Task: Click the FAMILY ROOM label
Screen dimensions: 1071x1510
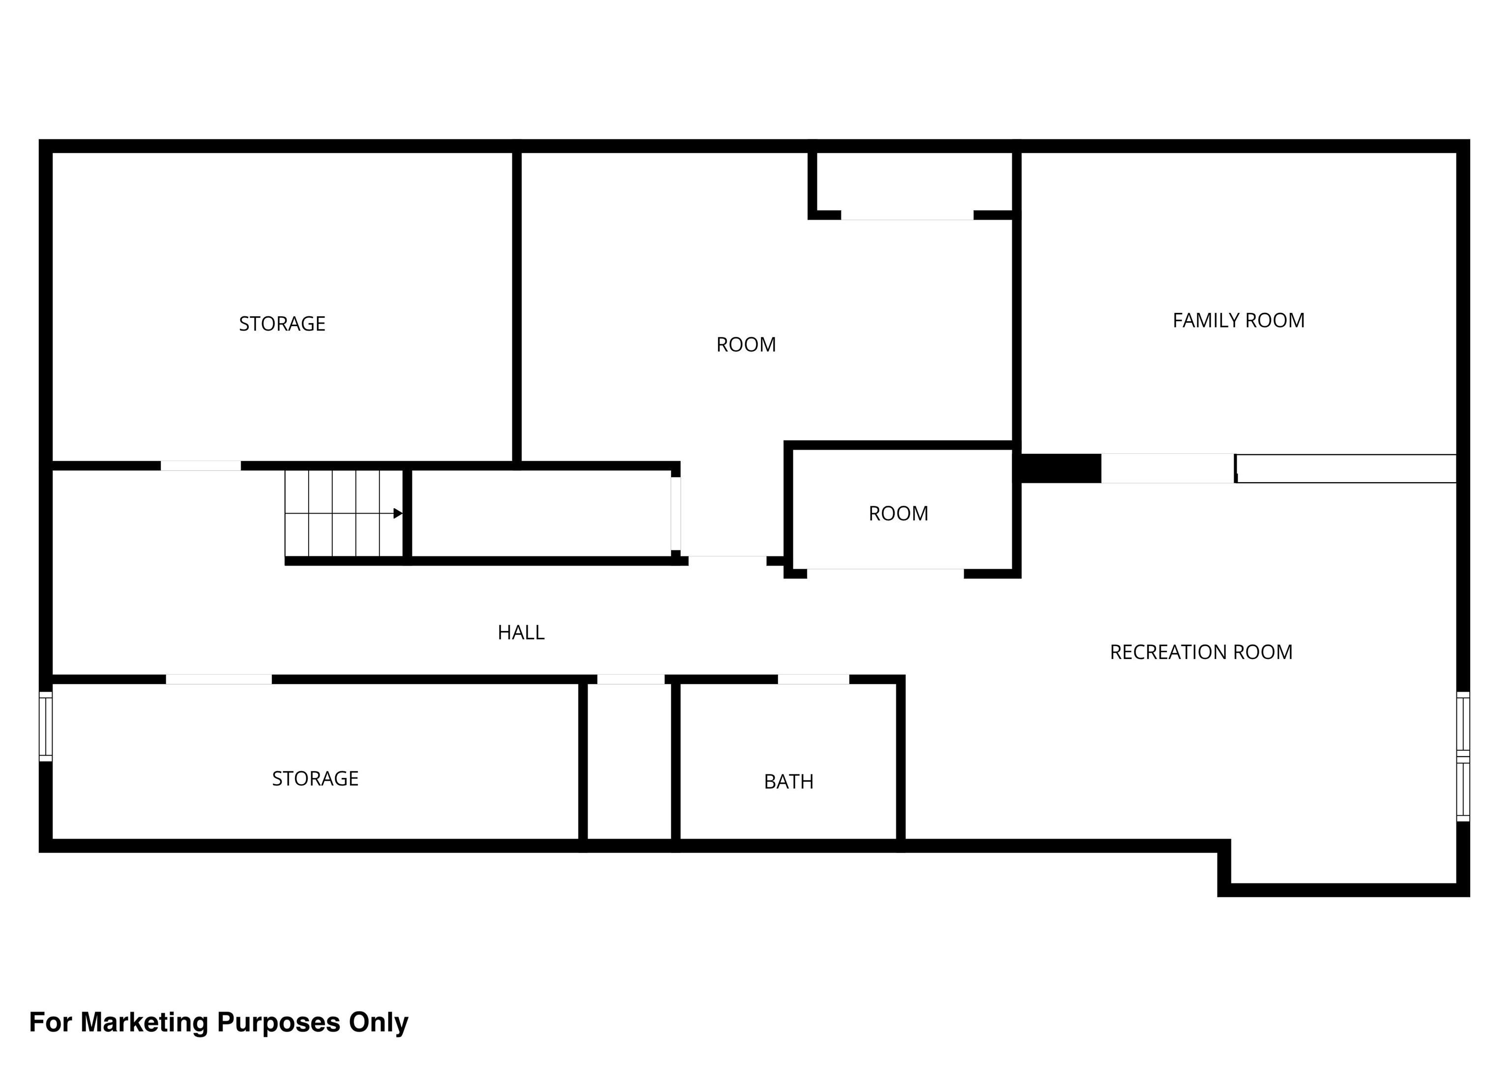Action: pyautogui.click(x=1238, y=321)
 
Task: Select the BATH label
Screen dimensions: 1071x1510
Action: pyautogui.click(x=788, y=781)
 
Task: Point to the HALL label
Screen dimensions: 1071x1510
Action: pyautogui.click(x=521, y=632)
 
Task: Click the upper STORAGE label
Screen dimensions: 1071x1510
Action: pyautogui.click(x=282, y=324)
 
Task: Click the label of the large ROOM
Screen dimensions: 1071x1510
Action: pyautogui.click(x=746, y=344)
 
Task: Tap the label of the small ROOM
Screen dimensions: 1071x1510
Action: pyautogui.click(x=898, y=514)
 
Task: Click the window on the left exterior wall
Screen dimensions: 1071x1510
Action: pyautogui.click(x=46, y=725)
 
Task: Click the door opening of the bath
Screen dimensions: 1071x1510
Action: pyautogui.click(x=813, y=679)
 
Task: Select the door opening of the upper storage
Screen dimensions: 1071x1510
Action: pyautogui.click(x=201, y=466)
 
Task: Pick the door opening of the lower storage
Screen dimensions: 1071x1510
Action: pyautogui.click(x=218, y=679)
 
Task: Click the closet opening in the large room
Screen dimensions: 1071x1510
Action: pyautogui.click(x=907, y=216)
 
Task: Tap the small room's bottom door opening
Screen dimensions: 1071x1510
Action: pyautogui.click(x=885, y=573)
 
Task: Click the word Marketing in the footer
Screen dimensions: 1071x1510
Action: pyautogui.click(x=145, y=1023)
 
